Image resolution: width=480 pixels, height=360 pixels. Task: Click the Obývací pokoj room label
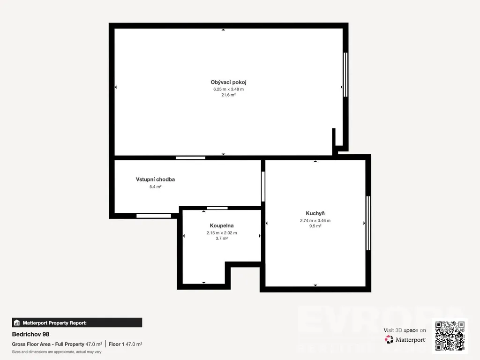point(228,82)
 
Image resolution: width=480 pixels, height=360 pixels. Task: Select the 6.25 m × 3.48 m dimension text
point(228,89)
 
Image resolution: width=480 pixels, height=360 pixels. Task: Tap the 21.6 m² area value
point(228,95)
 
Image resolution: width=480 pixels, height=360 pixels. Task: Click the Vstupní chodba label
point(155,180)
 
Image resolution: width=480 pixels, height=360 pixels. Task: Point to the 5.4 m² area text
point(155,187)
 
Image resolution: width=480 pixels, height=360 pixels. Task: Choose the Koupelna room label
point(222,225)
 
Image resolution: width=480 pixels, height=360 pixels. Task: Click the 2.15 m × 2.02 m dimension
point(222,232)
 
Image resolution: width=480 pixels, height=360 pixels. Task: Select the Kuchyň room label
point(315,213)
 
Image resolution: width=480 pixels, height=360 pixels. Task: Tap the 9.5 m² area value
point(315,226)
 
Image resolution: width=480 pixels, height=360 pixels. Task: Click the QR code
point(450,336)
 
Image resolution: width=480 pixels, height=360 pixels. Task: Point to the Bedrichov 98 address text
point(30,334)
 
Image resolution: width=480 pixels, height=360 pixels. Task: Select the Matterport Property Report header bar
point(77,322)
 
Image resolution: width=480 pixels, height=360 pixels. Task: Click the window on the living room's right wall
point(345,75)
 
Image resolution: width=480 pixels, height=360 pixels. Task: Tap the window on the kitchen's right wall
point(368,223)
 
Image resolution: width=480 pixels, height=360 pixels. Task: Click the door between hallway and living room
point(190,158)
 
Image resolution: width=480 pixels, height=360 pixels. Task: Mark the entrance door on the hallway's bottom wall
point(154,216)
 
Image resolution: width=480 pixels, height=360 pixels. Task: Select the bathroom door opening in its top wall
point(217,208)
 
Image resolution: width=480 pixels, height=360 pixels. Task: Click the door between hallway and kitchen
point(263,187)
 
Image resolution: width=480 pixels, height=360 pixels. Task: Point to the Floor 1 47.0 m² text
point(125,344)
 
